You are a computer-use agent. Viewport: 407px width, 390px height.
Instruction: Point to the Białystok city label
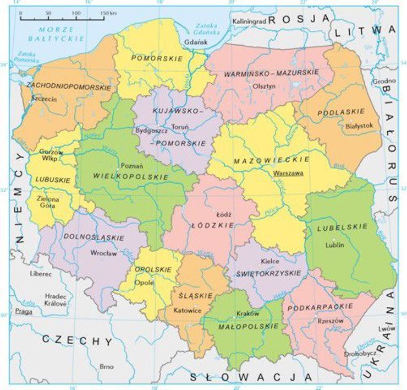pyautogui.click(x=359, y=126)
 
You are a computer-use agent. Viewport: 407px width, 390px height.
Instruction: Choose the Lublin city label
pyautogui.click(x=334, y=244)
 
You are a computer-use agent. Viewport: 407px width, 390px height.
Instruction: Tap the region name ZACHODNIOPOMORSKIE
pyautogui.click(x=68, y=87)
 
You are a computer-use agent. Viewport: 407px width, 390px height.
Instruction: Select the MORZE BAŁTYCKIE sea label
pyautogui.click(x=58, y=34)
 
